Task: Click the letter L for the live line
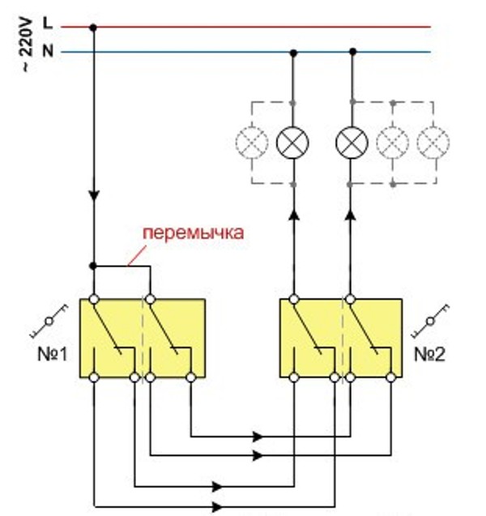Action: click(x=48, y=23)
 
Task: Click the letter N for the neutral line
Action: click(x=48, y=51)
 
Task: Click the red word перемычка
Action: click(x=194, y=233)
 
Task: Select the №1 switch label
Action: click(x=53, y=355)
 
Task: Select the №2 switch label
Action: click(x=429, y=355)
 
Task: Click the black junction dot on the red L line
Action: click(x=93, y=28)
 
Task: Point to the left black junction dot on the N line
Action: click(x=293, y=53)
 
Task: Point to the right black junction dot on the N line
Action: click(x=352, y=52)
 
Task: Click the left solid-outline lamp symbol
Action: click(x=292, y=143)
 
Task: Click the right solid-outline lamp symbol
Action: click(x=352, y=143)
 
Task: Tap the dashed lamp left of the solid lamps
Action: click(x=252, y=143)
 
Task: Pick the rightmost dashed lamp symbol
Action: click(x=433, y=143)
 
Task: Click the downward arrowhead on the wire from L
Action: click(x=94, y=194)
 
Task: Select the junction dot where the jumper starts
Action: click(x=93, y=266)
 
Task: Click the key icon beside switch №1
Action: click(x=49, y=321)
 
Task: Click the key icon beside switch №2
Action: click(x=430, y=321)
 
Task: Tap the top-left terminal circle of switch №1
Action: click(x=94, y=299)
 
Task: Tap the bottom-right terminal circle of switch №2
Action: click(x=391, y=377)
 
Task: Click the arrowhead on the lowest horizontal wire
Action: click(x=218, y=507)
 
